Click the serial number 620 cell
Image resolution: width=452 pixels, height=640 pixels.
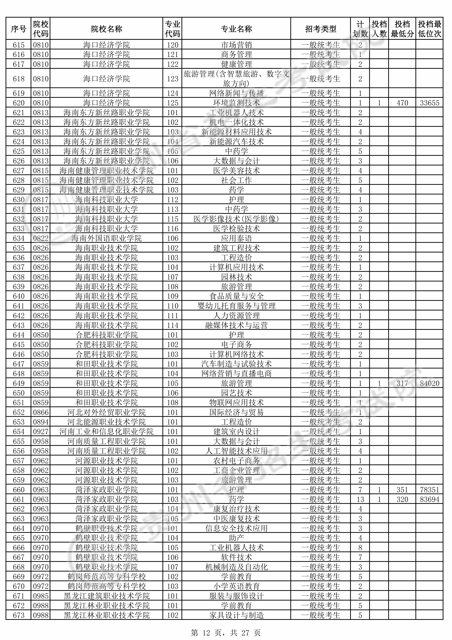pyautogui.click(x=19, y=103)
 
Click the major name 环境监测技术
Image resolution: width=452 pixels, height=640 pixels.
pyautogui.click(x=236, y=103)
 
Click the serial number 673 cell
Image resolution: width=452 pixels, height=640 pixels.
pyautogui.click(x=19, y=615)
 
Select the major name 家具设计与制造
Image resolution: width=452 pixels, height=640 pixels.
pyautogui.click(x=236, y=615)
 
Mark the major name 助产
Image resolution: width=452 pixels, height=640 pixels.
pyautogui.click(x=236, y=538)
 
